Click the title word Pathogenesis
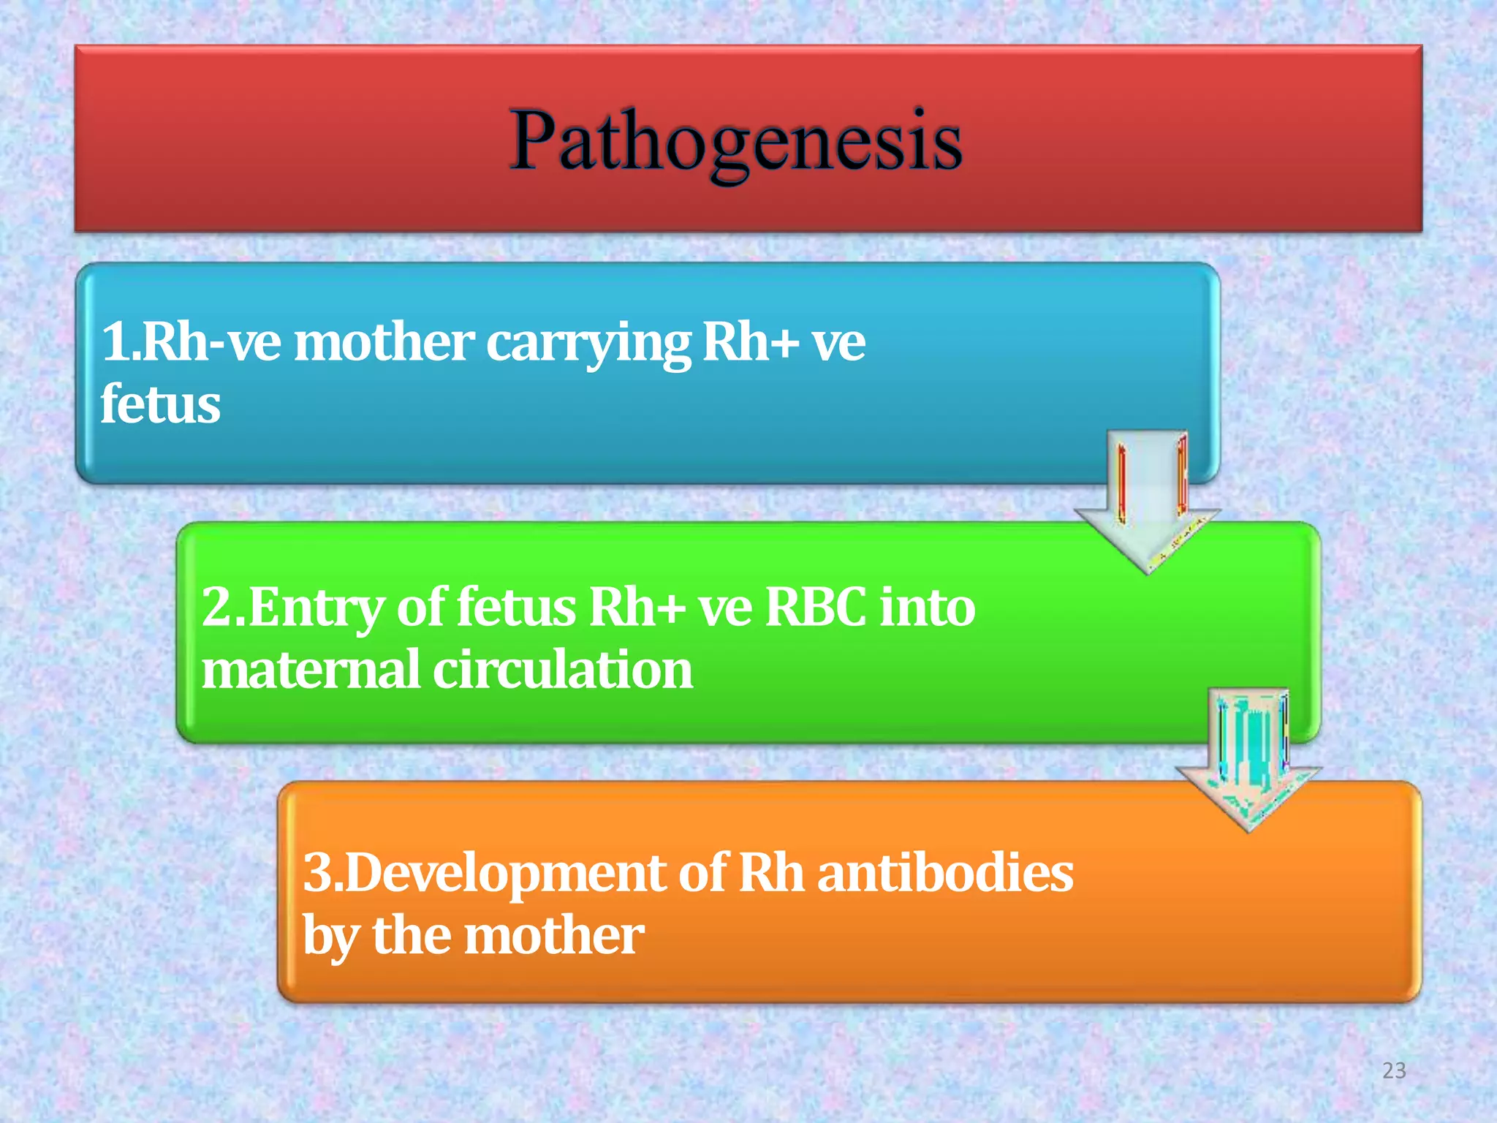735,140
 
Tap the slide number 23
1394,1070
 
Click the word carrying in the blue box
588,344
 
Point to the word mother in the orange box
555,935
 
